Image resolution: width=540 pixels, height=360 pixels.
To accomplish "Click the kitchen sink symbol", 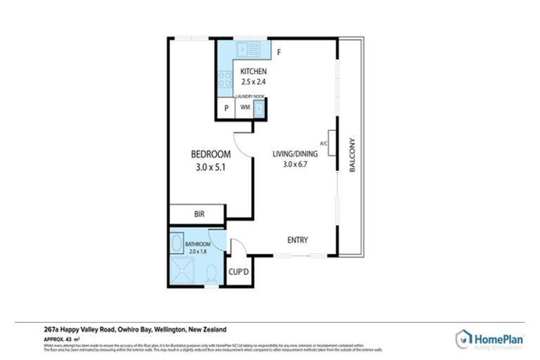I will [x=249, y=49].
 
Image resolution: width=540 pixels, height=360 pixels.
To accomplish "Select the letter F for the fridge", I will [x=278, y=53].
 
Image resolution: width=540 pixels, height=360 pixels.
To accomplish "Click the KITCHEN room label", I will [x=253, y=71].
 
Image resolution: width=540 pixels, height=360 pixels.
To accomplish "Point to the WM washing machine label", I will [x=245, y=108].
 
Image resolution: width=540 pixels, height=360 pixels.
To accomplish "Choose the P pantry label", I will [x=226, y=108].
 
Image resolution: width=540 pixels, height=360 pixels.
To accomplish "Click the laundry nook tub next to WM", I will [x=259, y=108].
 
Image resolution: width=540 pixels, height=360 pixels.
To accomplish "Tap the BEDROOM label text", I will [x=211, y=154].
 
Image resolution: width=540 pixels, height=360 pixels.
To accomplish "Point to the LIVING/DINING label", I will [x=295, y=154].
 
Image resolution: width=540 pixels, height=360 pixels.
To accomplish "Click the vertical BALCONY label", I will [x=352, y=155].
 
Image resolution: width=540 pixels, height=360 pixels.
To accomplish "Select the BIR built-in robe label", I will [x=199, y=214].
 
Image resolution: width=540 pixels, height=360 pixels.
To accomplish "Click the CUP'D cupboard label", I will [x=237, y=271].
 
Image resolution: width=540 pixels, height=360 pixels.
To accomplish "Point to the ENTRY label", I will [x=297, y=240].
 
